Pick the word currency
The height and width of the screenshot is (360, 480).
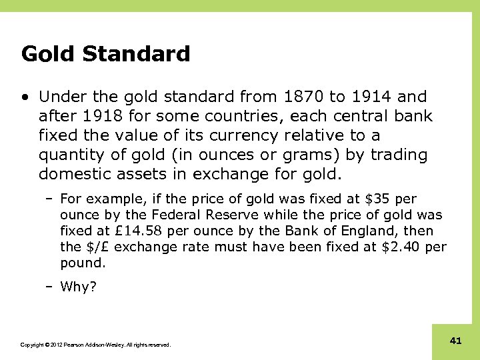[245, 135]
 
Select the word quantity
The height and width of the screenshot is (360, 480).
[71, 155]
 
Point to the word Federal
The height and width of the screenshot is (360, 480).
[174, 215]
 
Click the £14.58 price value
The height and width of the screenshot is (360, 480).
[137, 231]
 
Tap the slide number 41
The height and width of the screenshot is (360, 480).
[456, 341]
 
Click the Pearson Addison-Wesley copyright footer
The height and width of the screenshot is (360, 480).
[95, 345]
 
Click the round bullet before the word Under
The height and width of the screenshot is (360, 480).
[25, 97]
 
